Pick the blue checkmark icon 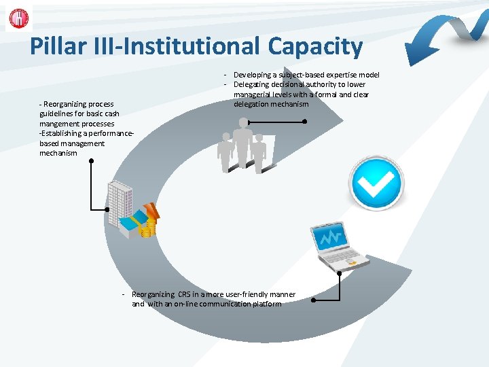click(x=376, y=181)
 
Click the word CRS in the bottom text click(x=185, y=294)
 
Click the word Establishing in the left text click(x=63, y=134)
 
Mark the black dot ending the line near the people click(x=304, y=122)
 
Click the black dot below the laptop click(x=339, y=273)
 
